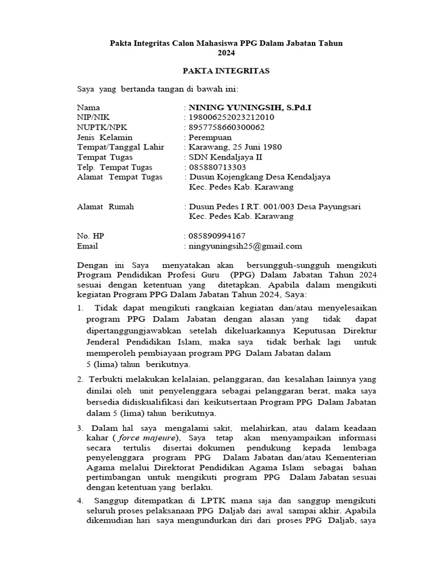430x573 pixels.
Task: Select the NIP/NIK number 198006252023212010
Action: point(231,116)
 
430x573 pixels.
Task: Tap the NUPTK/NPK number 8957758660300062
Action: point(229,126)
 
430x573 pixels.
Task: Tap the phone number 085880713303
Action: point(217,167)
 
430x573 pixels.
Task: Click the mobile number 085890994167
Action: point(217,236)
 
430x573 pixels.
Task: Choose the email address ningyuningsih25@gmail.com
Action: point(245,246)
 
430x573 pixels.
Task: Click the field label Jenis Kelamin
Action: point(105,137)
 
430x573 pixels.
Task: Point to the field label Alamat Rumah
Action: point(105,206)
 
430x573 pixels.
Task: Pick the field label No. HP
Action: point(91,236)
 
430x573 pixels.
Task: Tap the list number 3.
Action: point(80,428)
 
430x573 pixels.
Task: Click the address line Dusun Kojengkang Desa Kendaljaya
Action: point(260,177)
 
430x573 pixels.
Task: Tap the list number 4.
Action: point(80,500)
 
